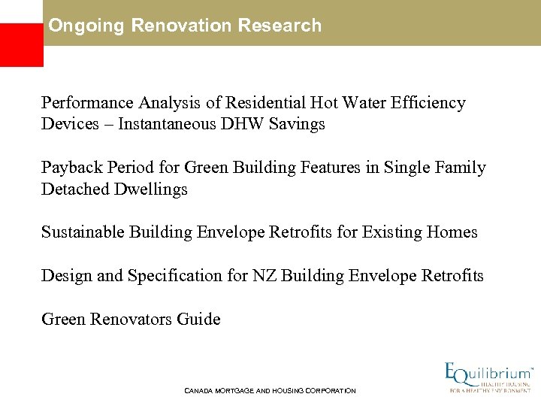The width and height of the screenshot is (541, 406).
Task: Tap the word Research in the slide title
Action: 279,26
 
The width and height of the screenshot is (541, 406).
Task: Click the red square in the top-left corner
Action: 20,44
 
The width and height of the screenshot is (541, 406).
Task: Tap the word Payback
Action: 70,168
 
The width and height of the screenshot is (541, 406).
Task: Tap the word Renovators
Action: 130,320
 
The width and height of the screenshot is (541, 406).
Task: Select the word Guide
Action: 198,320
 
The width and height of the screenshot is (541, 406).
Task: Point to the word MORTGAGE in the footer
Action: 233,391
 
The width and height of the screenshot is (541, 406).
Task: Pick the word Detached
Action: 75,189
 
